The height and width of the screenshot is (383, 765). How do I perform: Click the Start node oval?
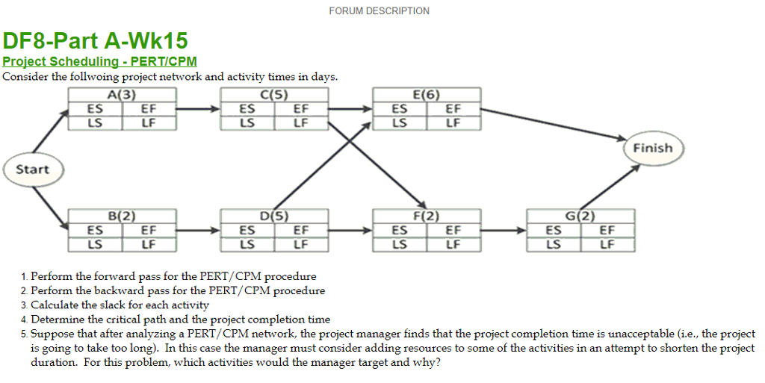pos(32,169)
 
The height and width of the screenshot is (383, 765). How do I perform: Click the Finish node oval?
pos(652,148)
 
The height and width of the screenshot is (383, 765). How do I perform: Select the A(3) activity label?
pos(122,95)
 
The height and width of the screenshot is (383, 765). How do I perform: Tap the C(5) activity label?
pos(274,95)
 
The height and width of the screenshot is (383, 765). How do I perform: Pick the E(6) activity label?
pos(427,95)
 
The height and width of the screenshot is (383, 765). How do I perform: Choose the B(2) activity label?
pos(122,217)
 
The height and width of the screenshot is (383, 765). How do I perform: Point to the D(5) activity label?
pos(274,217)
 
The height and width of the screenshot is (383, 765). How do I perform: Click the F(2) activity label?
pos(427,217)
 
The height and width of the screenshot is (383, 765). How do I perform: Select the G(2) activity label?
pos(580,217)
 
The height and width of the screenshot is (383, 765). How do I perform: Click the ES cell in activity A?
pos(95,109)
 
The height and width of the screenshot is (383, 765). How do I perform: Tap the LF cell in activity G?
pos(607,243)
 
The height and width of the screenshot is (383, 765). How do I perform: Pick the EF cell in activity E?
pos(453,109)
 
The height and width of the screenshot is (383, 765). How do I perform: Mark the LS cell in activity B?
pos(95,243)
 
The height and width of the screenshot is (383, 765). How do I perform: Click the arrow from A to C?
pos(199,109)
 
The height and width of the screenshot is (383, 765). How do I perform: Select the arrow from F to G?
pos(504,231)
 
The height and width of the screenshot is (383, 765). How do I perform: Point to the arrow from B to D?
pos(199,231)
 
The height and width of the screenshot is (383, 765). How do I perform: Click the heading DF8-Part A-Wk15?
pos(95,40)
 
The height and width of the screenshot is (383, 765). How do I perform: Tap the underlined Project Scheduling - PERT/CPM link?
pos(99,62)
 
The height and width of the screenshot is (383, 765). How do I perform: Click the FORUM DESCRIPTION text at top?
pos(379,11)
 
